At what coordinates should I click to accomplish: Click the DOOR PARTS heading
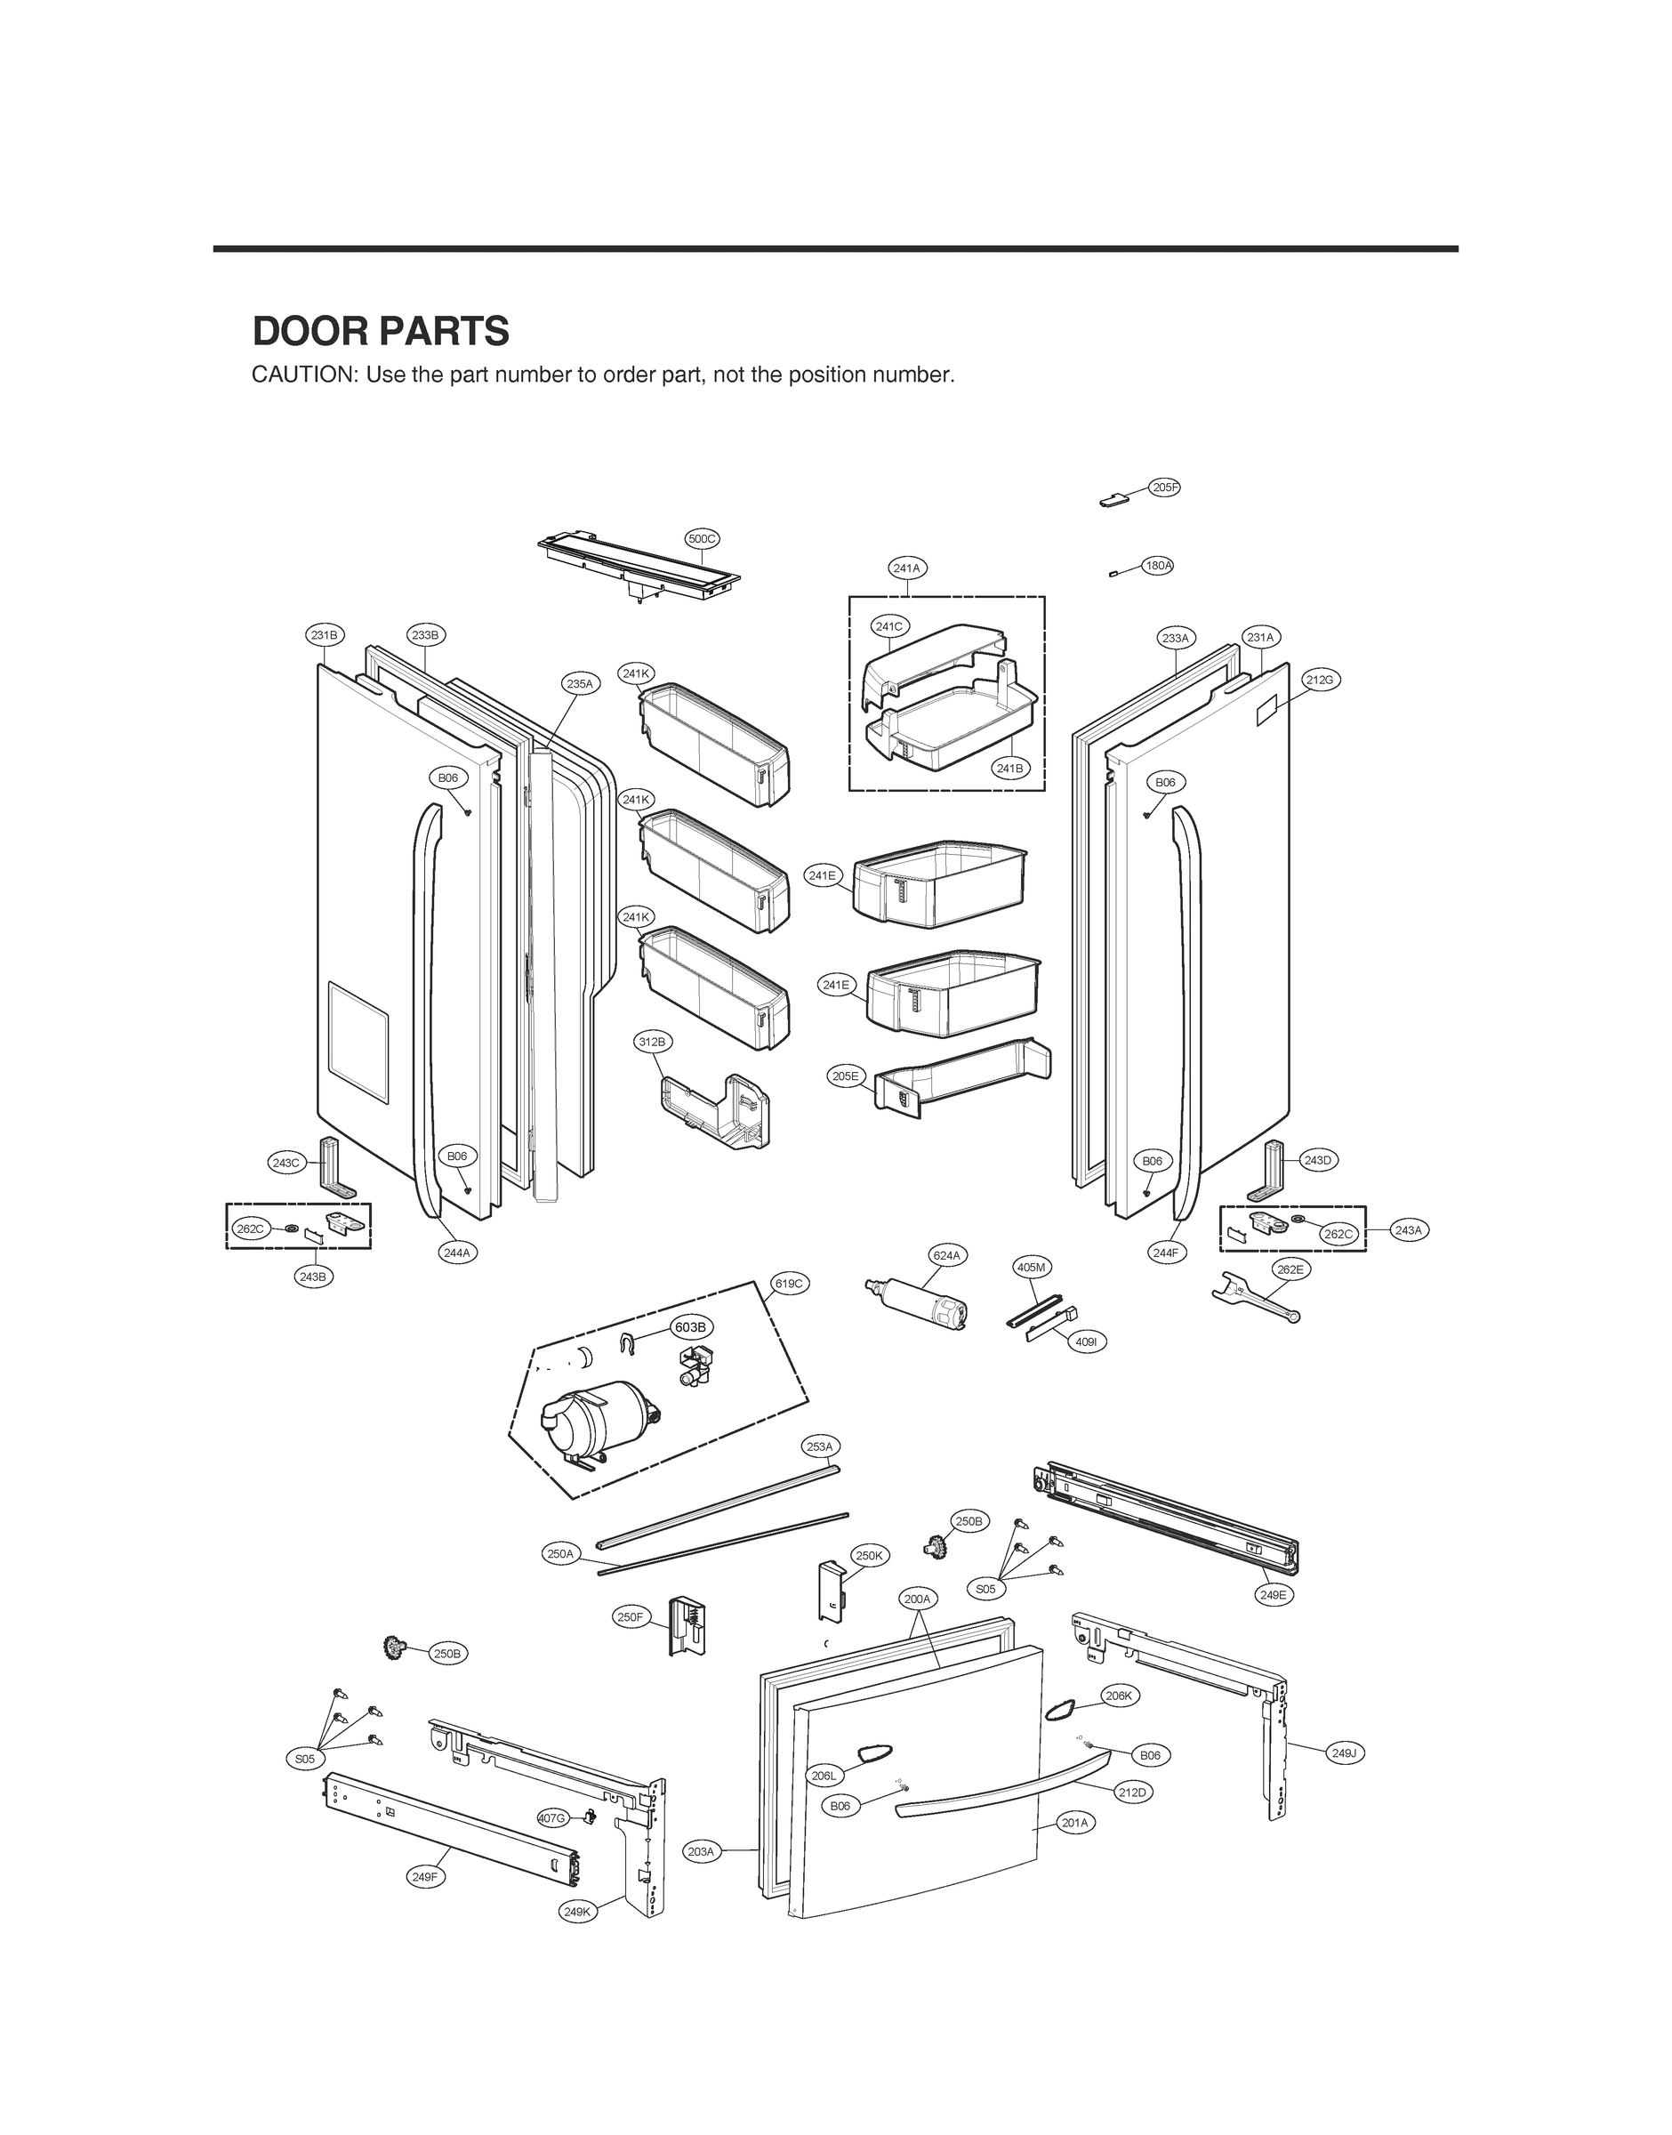click(x=381, y=332)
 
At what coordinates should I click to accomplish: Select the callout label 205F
click(x=1164, y=487)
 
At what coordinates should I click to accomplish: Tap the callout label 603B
click(x=690, y=1326)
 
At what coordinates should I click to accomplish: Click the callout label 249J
click(x=1345, y=1752)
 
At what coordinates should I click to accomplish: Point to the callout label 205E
click(x=846, y=1076)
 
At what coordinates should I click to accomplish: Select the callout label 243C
click(x=285, y=1163)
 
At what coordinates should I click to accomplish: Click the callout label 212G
click(x=1320, y=680)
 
